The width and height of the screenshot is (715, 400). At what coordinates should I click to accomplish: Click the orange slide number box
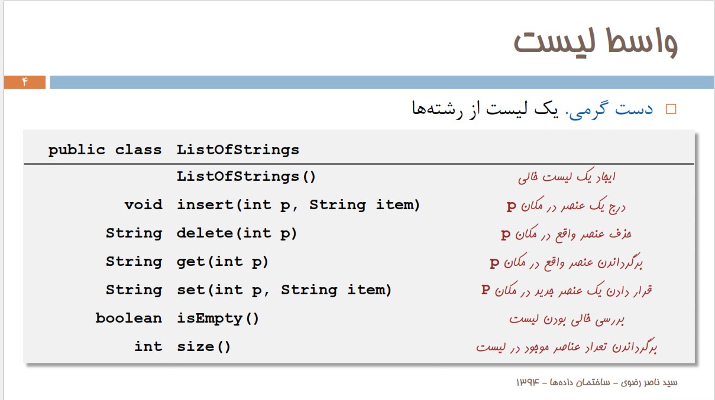(x=25, y=82)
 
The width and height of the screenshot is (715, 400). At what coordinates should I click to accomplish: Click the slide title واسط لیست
(x=596, y=43)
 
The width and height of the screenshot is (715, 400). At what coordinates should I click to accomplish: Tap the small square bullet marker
(x=671, y=109)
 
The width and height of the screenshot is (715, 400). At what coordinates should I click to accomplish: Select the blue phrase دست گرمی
(x=609, y=109)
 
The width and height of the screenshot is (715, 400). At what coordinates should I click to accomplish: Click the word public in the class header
(x=77, y=150)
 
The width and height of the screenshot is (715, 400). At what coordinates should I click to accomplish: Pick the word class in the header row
(x=138, y=149)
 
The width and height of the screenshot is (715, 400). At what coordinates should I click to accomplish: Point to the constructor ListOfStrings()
(x=246, y=177)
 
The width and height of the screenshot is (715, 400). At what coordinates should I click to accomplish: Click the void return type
(x=143, y=204)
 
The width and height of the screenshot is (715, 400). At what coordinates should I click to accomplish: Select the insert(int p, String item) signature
(x=299, y=205)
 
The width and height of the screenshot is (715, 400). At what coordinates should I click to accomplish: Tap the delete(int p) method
(x=237, y=233)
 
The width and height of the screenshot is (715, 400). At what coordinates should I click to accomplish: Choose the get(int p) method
(x=222, y=262)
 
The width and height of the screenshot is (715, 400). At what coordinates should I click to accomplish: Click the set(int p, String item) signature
(x=284, y=290)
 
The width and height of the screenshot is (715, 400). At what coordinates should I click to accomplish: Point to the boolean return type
(x=129, y=318)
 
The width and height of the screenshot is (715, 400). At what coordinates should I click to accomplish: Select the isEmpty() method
(x=218, y=318)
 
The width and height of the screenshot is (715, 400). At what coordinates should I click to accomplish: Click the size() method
(x=203, y=347)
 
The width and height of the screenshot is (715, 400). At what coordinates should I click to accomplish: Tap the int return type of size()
(x=148, y=346)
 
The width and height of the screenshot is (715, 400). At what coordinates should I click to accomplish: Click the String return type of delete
(x=134, y=233)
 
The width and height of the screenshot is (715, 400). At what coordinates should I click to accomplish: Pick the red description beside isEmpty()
(x=567, y=319)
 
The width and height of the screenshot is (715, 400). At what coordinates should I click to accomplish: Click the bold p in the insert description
(x=512, y=206)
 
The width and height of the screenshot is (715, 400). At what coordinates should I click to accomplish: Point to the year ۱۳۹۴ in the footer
(x=528, y=382)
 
